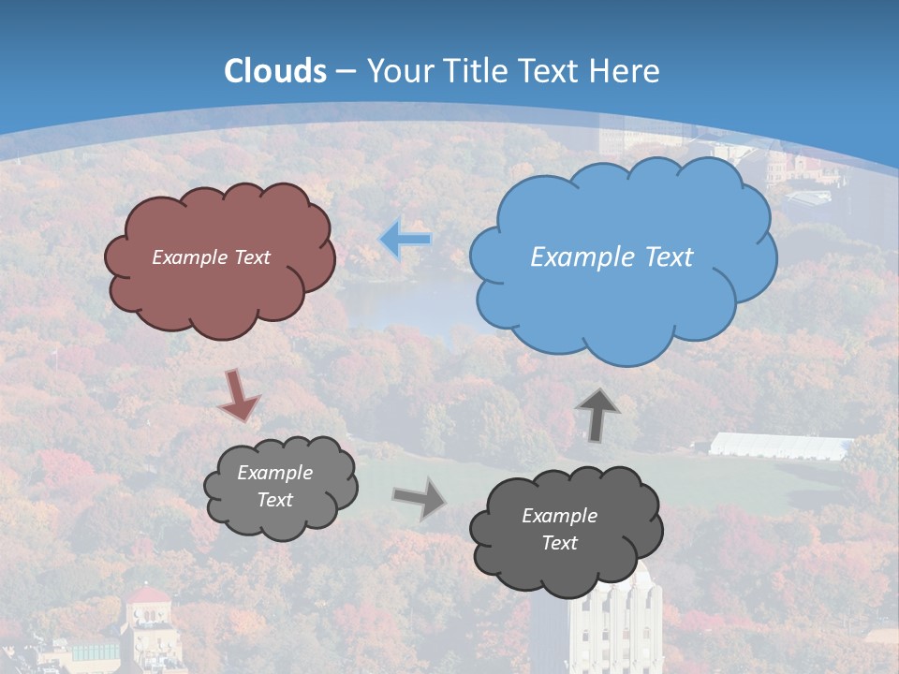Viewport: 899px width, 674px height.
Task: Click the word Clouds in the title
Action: pyautogui.click(x=275, y=71)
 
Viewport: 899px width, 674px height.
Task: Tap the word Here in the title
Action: pyautogui.click(x=626, y=71)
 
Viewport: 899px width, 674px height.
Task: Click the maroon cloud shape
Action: pyautogui.click(x=219, y=290)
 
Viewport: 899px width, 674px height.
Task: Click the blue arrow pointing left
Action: pyautogui.click(x=405, y=240)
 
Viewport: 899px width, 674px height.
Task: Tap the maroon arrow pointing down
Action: pyautogui.click(x=238, y=394)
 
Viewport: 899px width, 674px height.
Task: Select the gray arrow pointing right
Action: pyautogui.click(x=419, y=497)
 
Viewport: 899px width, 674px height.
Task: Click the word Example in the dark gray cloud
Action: pyautogui.click(x=559, y=516)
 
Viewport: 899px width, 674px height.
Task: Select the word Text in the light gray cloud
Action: pyautogui.click(x=274, y=500)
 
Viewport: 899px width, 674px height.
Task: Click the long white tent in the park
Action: pyautogui.click(x=779, y=447)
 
